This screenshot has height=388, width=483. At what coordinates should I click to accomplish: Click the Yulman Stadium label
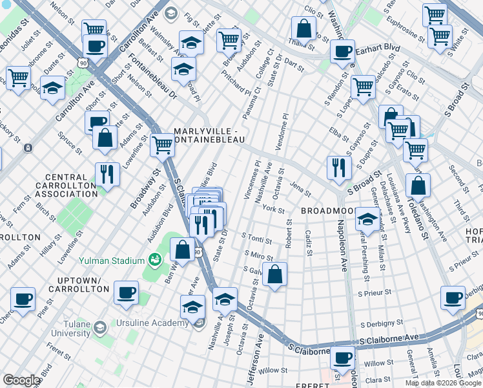point(111,261)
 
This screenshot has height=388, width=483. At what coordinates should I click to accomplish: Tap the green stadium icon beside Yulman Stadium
point(154,260)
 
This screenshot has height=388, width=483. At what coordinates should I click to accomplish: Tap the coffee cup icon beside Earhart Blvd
point(342,52)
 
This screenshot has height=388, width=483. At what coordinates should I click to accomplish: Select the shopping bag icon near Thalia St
point(303,28)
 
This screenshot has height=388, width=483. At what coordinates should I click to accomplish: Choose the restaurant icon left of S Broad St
point(338,167)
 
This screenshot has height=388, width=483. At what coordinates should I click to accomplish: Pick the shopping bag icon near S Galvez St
point(275,274)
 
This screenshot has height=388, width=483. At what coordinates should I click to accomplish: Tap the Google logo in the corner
point(21,380)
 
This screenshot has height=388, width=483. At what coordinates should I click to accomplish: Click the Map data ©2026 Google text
point(443,383)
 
